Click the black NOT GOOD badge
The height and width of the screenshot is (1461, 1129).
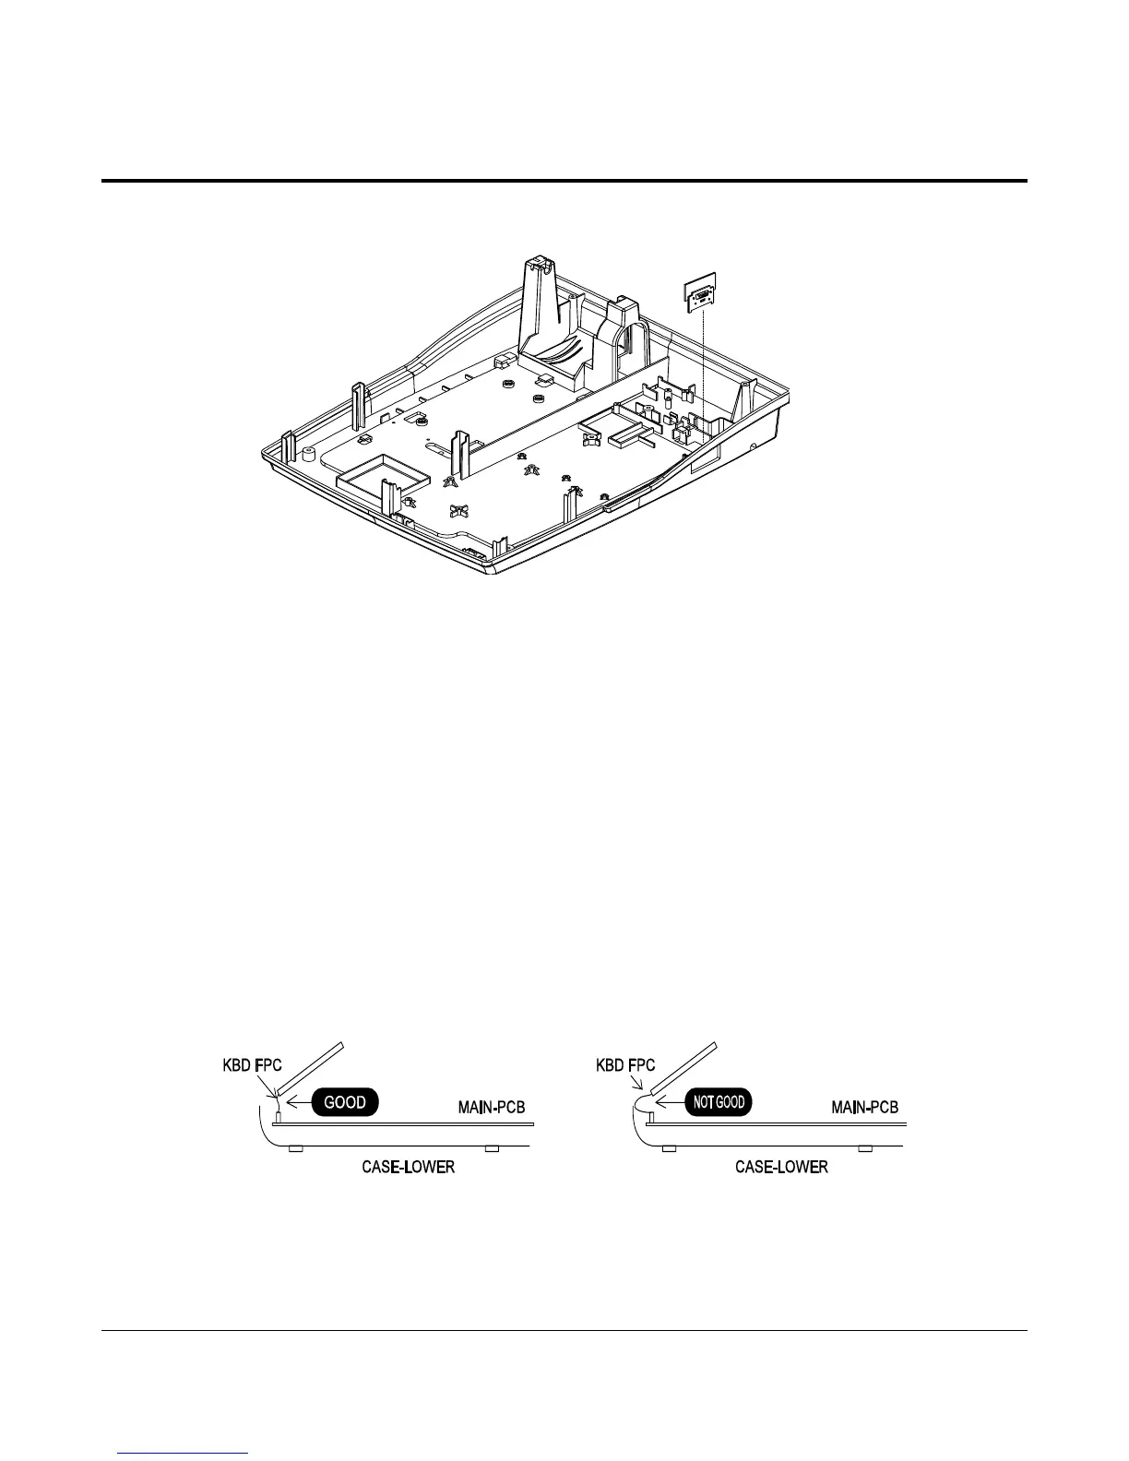[718, 1101]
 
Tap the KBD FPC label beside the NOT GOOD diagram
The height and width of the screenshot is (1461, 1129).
[625, 1065]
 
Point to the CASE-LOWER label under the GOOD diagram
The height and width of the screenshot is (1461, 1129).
[408, 1168]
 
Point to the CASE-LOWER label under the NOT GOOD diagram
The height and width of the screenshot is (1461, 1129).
[781, 1168]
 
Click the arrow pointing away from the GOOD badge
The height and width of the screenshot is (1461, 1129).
[297, 1101]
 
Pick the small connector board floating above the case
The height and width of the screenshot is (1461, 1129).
[703, 294]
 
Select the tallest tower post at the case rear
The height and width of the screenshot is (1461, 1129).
[543, 304]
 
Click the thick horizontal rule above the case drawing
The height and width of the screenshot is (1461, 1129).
[564, 181]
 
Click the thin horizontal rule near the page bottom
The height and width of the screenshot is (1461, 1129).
[564, 1330]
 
